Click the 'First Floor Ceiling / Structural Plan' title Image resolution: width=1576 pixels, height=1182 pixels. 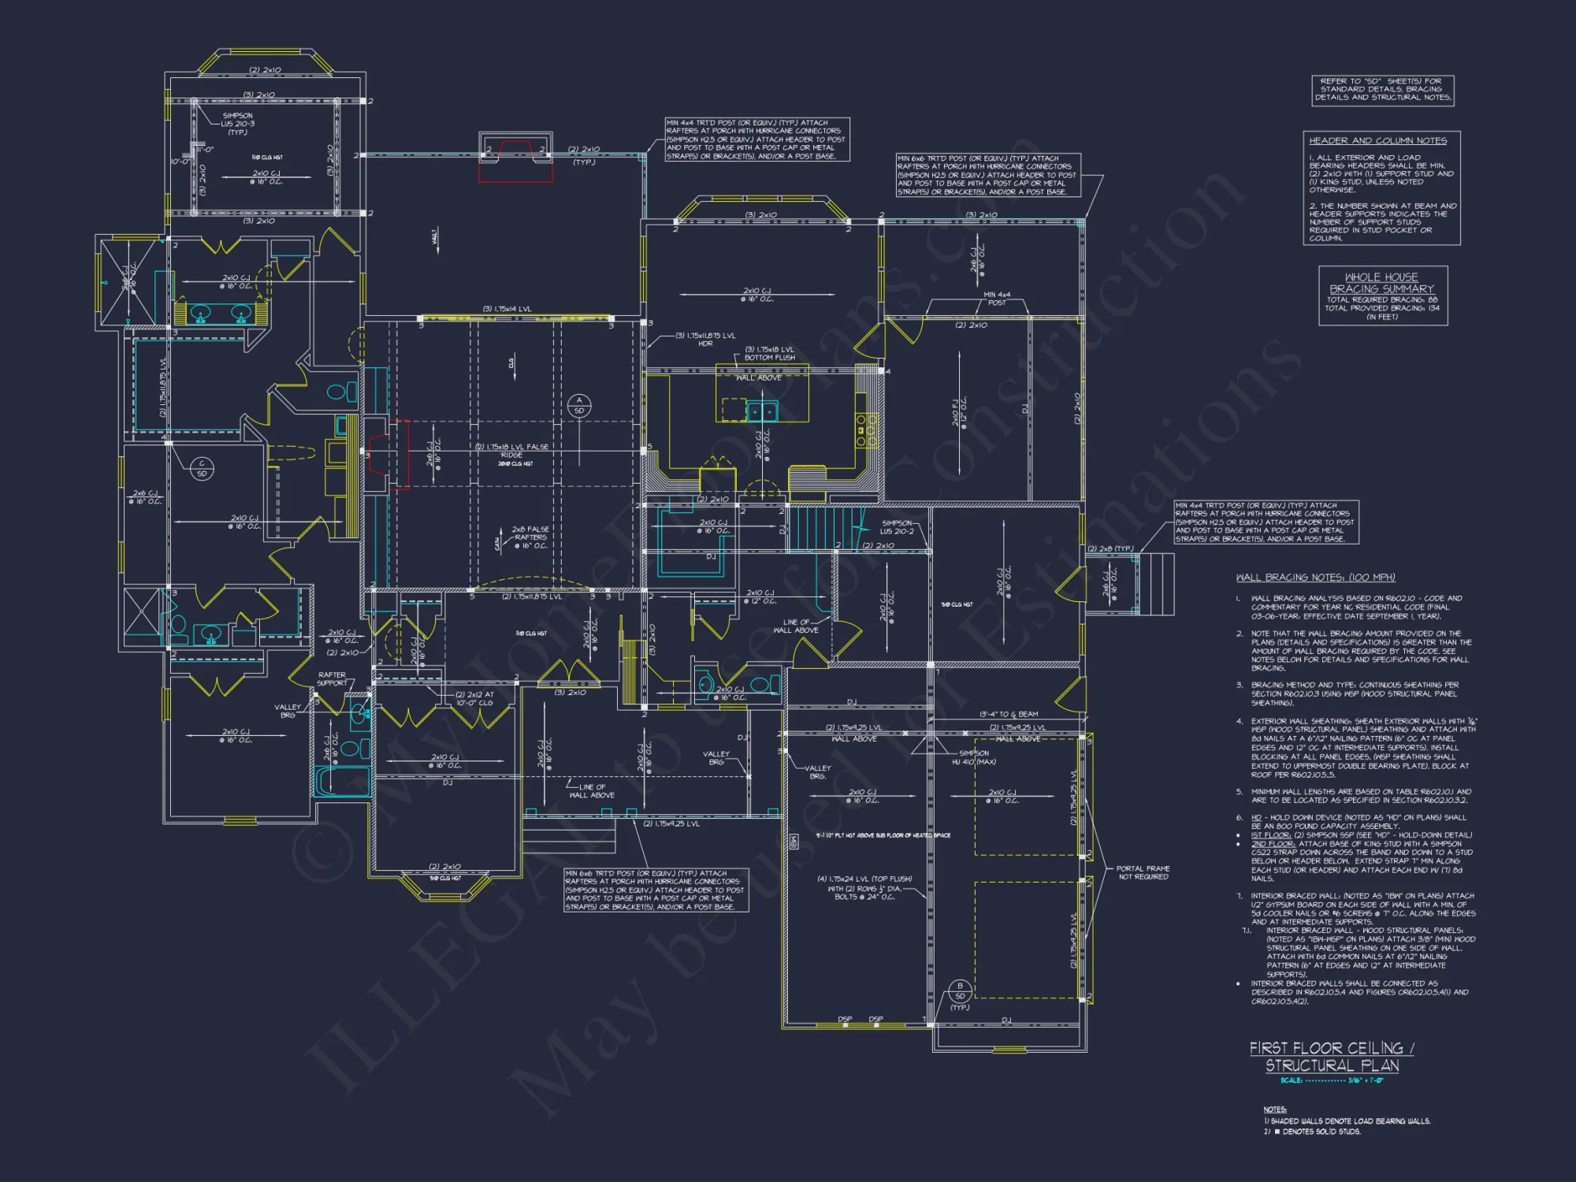[1332, 1057]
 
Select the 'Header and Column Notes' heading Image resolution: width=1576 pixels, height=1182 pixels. [1377, 141]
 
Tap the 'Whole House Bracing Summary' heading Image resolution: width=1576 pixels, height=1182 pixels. [1381, 283]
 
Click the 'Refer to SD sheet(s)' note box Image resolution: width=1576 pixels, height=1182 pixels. [1382, 90]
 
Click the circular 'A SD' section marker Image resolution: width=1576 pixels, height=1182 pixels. [579, 406]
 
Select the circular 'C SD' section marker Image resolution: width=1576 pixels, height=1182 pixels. [202, 469]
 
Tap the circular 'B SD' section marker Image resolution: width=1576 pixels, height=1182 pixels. [959, 991]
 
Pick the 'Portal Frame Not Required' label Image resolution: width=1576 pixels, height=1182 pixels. [1143, 872]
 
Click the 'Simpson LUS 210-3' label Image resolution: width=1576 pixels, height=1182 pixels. [237, 124]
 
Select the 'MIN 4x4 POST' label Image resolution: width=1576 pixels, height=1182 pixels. [997, 299]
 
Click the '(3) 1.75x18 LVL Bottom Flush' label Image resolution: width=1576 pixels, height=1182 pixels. [769, 353]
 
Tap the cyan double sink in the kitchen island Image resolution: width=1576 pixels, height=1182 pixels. [761, 411]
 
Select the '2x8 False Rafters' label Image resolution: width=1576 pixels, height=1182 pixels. [530, 537]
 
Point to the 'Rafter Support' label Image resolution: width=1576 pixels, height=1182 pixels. [332, 678]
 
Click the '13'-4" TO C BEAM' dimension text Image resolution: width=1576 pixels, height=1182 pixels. [1008, 714]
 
